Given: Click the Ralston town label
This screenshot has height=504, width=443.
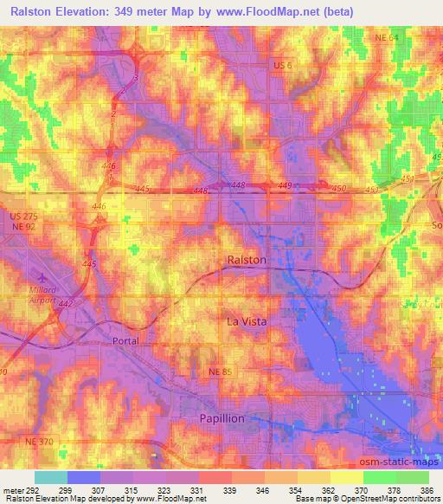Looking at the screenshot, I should (247, 260).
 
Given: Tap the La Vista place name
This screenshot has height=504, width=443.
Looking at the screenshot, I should (247, 321).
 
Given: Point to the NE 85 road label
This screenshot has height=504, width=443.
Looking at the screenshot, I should (221, 372).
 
